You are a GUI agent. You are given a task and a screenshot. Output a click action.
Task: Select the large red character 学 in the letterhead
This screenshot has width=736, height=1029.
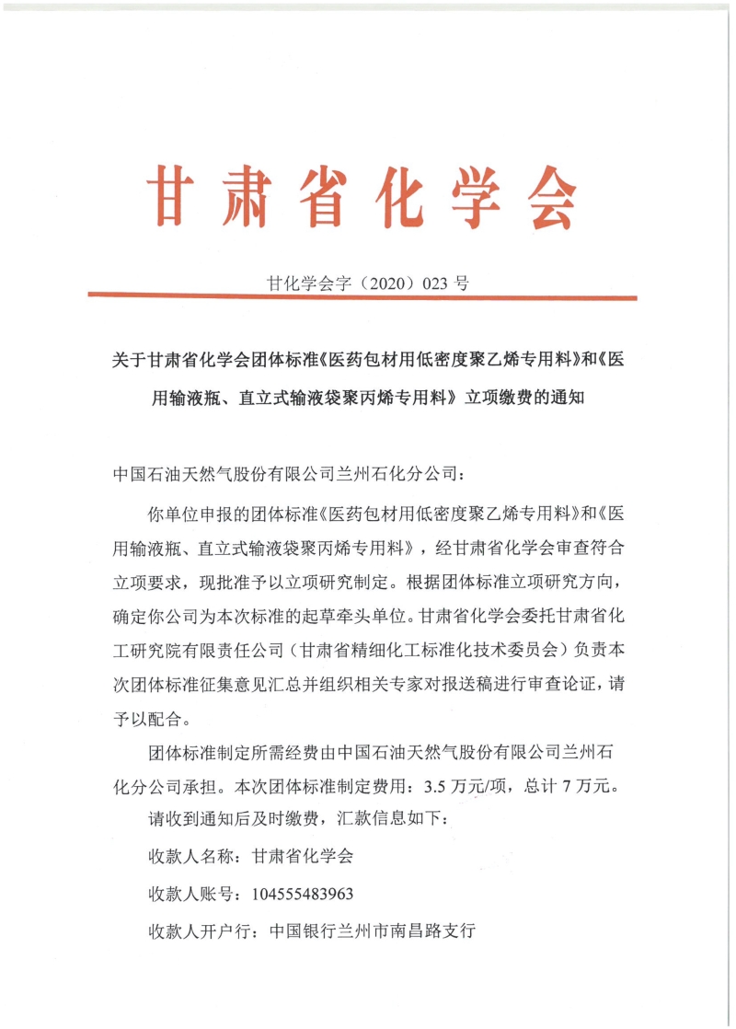[x=453, y=198]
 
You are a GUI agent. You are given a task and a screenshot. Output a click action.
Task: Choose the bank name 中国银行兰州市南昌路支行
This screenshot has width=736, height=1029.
[x=372, y=931]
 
